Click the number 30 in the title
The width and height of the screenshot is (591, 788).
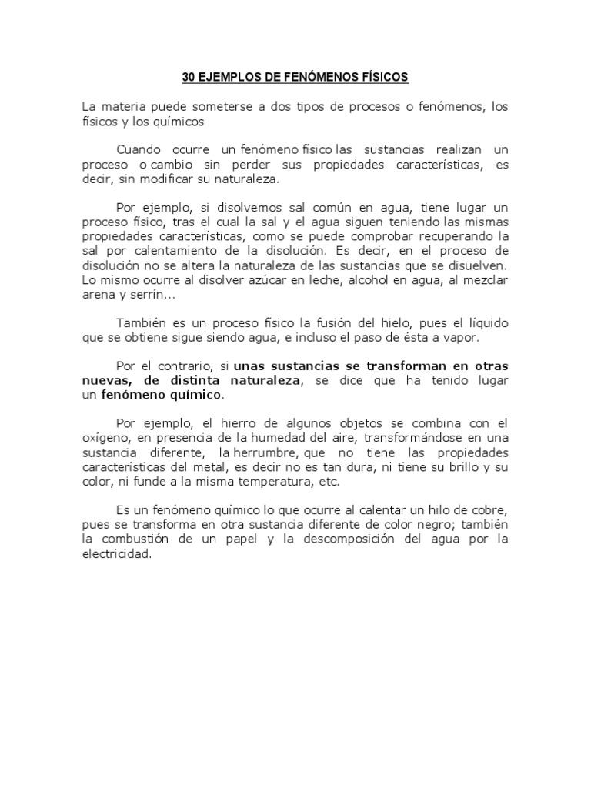(189, 77)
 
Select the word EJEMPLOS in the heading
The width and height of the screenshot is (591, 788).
(232, 77)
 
